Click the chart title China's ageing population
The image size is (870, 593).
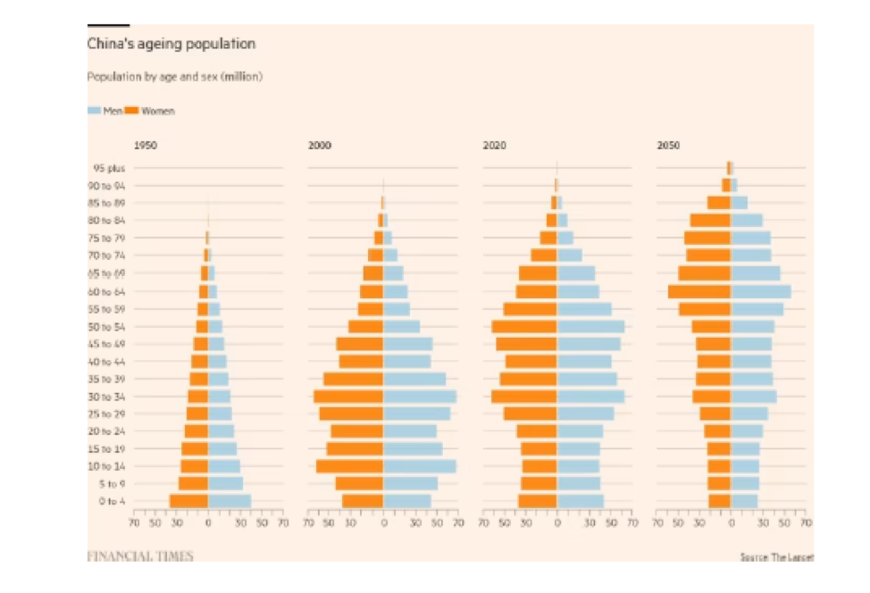[171, 44]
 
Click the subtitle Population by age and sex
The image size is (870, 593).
[174, 77]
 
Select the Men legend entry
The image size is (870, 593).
[105, 111]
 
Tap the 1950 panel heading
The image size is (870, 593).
[145, 144]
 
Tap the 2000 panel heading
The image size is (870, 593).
[319, 144]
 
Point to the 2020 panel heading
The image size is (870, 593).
[494, 144]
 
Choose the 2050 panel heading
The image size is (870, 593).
[668, 144]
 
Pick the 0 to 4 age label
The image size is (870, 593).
[112, 501]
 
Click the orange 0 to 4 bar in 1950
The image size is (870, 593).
[188, 501]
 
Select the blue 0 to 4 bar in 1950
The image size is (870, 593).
[230, 501]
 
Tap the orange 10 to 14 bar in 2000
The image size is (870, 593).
[349, 466]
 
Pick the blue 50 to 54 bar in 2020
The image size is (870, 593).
[590, 327]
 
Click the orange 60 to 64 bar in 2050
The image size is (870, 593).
[699, 291]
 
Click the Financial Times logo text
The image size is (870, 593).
[139, 556]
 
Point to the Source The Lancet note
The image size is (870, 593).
[776, 557]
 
